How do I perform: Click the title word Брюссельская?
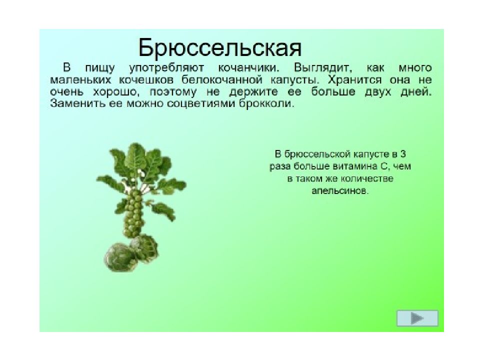click(220, 48)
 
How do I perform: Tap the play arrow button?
click(417, 318)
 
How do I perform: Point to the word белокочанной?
click(222, 80)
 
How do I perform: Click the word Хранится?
click(354, 80)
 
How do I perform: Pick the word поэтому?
click(173, 92)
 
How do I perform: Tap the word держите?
click(253, 92)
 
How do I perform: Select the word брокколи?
click(266, 103)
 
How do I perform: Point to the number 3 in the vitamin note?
click(403, 153)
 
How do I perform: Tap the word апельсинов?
click(339, 191)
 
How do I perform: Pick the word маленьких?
click(80, 80)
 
